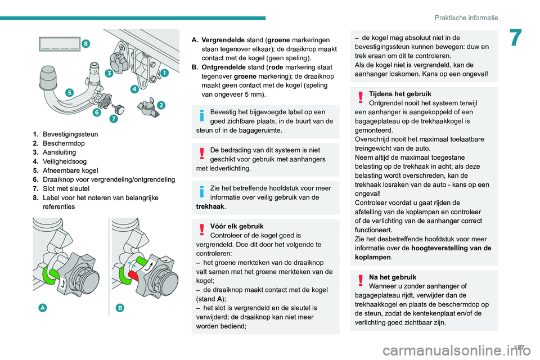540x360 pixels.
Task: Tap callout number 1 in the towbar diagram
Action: tap(164, 73)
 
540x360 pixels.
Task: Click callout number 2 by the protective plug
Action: tap(161, 105)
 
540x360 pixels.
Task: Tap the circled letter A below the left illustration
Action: tap(43, 307)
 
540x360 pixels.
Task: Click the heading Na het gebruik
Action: tap(393, 277)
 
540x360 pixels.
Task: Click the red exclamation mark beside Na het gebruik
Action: tap(361, 281)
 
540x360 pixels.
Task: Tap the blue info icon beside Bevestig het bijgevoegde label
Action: tap(201, 116)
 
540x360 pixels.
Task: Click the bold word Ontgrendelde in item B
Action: tap(223, 67)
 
